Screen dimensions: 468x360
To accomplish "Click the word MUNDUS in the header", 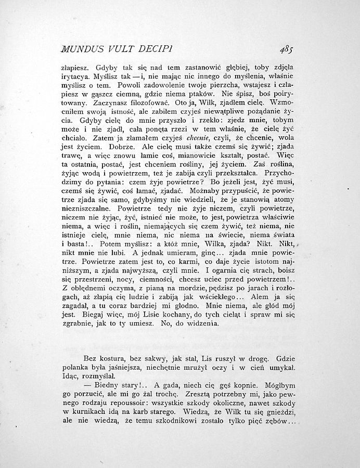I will (x=82, y=49).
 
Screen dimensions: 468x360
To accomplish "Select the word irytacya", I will (x=76, y=76).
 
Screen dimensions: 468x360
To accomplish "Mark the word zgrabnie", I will (x=78, y=323).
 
